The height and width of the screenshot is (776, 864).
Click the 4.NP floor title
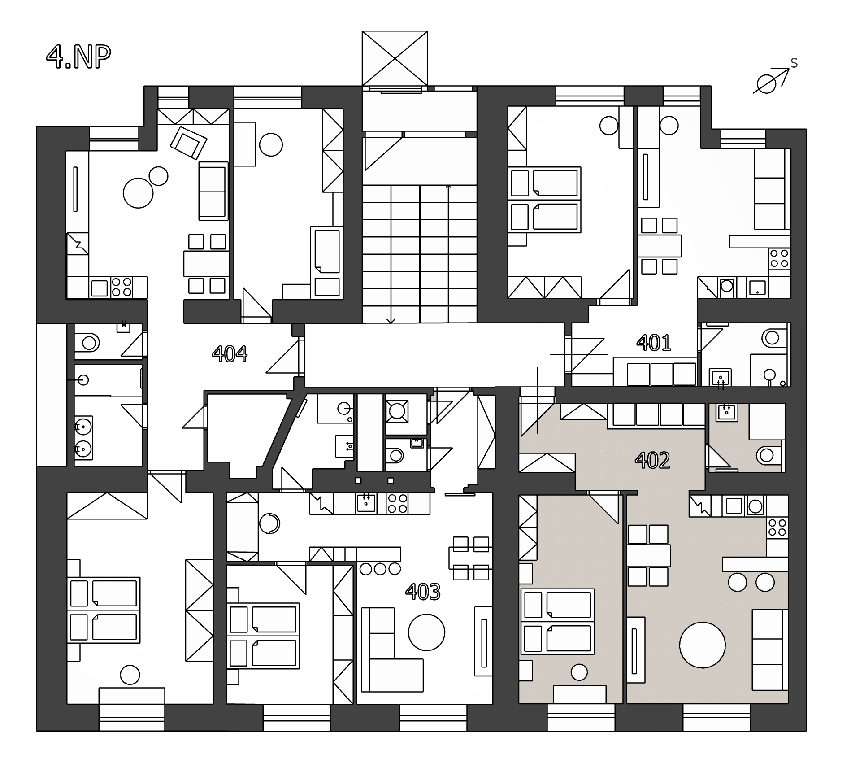point(78,57)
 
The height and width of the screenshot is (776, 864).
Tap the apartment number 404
point(230,353)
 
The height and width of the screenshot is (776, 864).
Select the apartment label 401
point(654,343)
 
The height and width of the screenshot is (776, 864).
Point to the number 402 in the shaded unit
point(652,460)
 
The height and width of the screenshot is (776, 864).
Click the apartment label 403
point(423,592)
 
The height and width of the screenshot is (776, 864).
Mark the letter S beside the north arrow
point(794,63)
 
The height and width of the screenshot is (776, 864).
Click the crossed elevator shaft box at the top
point(395,58)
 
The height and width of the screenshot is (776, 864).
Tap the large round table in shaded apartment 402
point(702,645)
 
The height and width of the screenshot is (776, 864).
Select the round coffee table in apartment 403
point(426,632)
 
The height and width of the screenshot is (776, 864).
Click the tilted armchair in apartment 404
point(188,142)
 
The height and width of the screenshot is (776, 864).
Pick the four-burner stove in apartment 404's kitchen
point(122,287)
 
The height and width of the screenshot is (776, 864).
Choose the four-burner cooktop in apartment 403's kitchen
point(397,503)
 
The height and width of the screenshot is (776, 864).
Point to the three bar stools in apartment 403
point(380,569)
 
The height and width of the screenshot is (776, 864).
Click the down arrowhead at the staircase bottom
point(391,320)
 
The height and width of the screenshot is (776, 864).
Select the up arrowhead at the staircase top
point(448,186)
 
